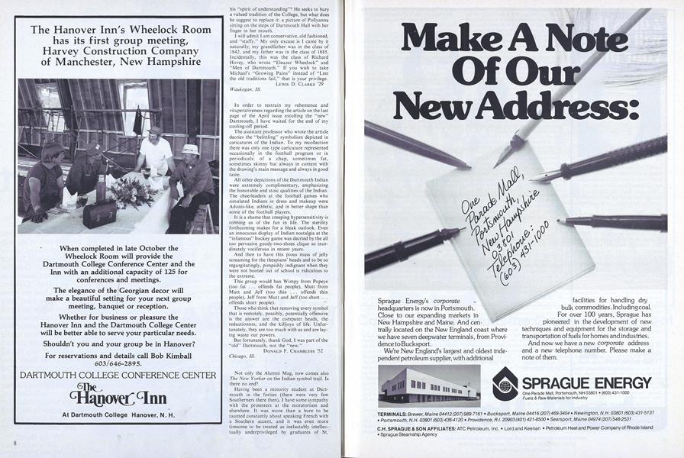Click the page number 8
pyautogui.click(x=15, y=443)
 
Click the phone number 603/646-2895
pyautogui.click(x=118, y=364)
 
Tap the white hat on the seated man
pyautogui.click(x=190, y=150)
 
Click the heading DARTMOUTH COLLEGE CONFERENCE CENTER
pyautogui.click(x=118, y=375)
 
